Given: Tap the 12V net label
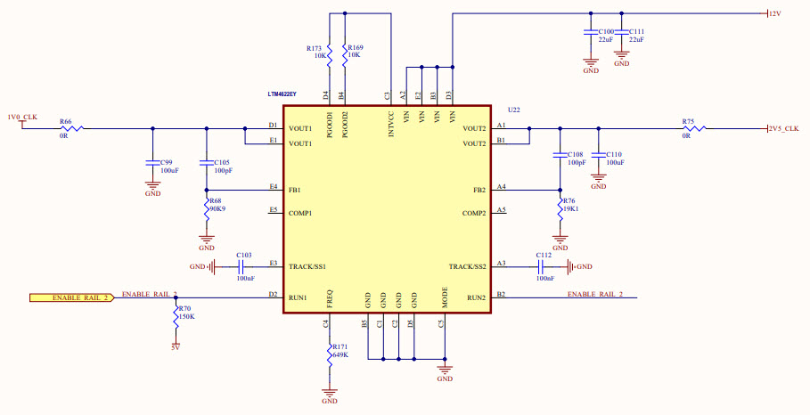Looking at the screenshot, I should [774, 13].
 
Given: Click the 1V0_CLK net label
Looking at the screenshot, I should [22, 118].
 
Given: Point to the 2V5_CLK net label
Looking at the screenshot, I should [783, 128].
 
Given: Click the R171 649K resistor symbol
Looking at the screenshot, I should [330, 353].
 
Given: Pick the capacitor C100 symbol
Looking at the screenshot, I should [590, 32].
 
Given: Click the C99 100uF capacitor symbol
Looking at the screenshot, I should [152, 163].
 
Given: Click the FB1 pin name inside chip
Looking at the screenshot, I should [295, 191].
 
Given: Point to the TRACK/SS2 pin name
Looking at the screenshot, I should [467, 267].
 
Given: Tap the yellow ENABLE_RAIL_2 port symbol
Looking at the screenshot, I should [72, 297].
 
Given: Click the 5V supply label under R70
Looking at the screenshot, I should [176, 347].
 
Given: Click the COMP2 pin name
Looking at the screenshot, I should [473, 214].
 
